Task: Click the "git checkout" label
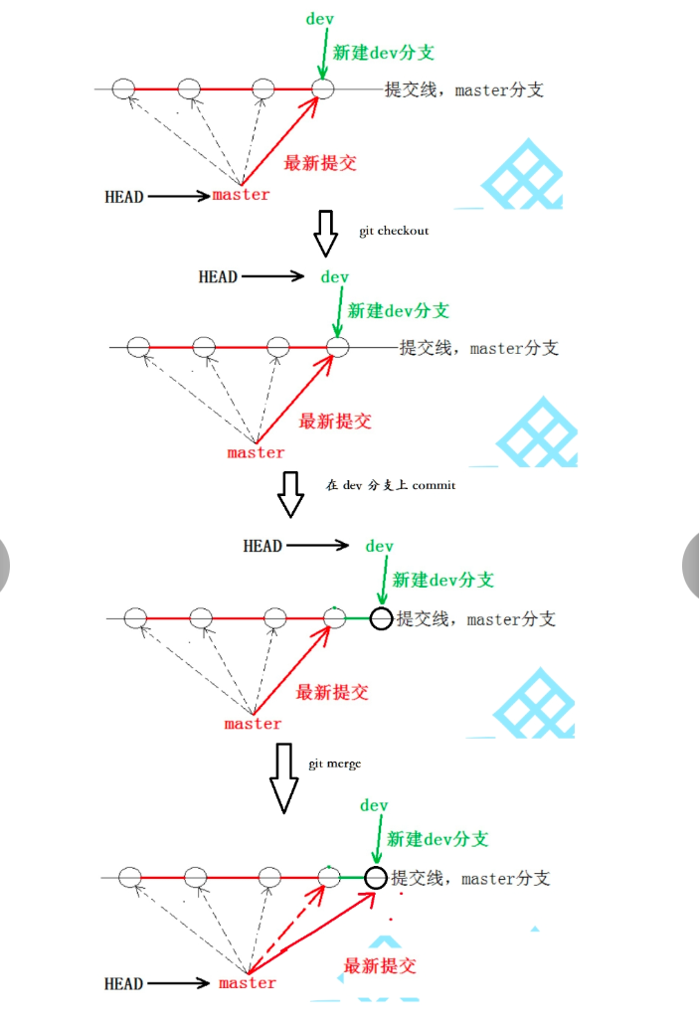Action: pyautogui.click(x=394, y=231)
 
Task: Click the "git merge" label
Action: pyautogui.click(x=334, y=764)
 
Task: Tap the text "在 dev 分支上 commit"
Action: pyautogui.click(x=390, y=485)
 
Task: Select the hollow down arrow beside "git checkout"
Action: pyautogui.click(x=325, y=234)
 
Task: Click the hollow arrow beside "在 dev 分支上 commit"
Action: pyautogui.click(x=289, y=494)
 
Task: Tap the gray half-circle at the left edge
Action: pyautogui.click(x=4, y=568)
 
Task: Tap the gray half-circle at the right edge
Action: pyautogui.click(x=692, y=568)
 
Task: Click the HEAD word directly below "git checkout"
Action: pyautogui.click(x=218, y=276)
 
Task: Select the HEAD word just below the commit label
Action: pyautogui.click(x=262, y=546)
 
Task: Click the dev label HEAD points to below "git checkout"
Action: pyautogui.click(x=335, y=276)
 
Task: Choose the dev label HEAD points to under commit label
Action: pyautogui.click(x=380, y=546)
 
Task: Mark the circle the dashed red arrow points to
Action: pyautogui.click(x=330, y=877)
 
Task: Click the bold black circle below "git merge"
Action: pyautogui.click(x=375, y=877)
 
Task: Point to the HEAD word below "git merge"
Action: pyautogui.click(x=123, y=984)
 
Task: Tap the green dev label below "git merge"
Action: pyautogui.click(x=374, y=805)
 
